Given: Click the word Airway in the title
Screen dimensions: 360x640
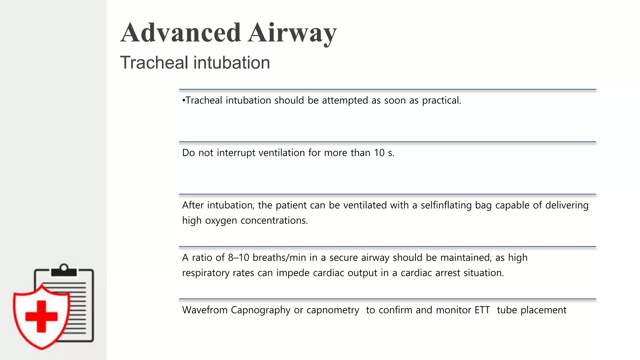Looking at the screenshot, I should pyautogui.click(x=292, y=33).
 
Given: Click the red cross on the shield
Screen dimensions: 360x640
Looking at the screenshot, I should pyautogui.click(x=41, y=316).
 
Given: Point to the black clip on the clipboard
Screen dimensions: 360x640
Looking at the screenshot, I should pyautogui.click(x=64, y=271).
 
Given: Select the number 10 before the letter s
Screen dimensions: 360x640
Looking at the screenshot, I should pyautogui.click(x=379, y=153).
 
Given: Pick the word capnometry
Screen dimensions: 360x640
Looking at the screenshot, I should pyautogui.click(x=333, y=310).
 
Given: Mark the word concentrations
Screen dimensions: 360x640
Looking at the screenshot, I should pyautogui.click(x=274, y=221).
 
